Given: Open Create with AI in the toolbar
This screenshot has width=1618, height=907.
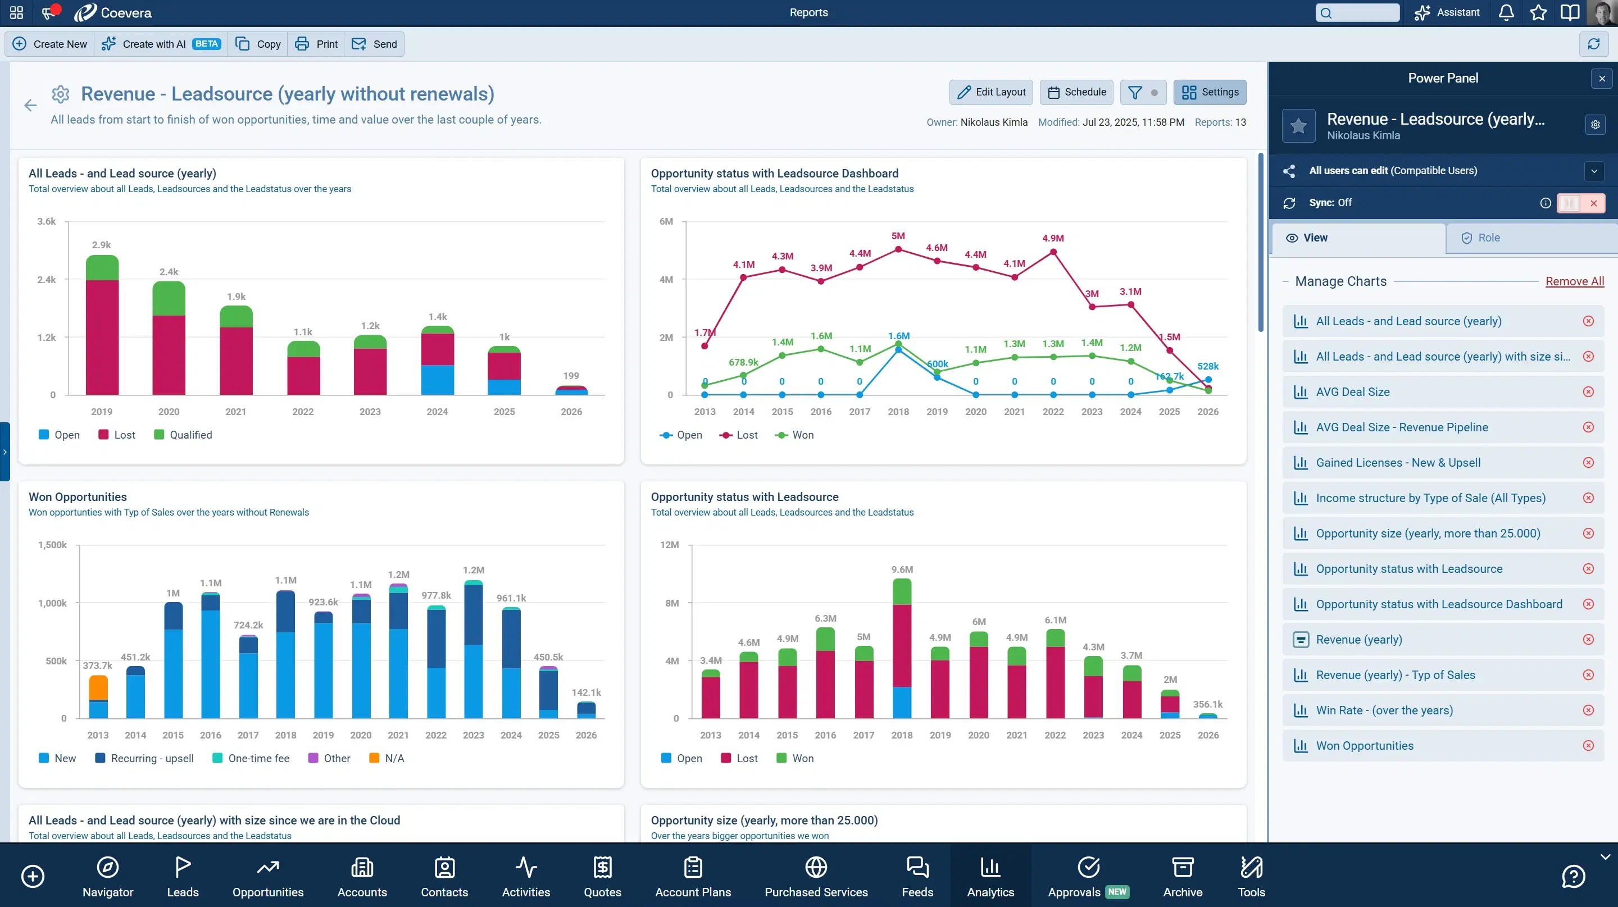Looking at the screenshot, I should [161, 44].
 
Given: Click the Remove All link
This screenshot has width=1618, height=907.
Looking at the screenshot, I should [1574, 281].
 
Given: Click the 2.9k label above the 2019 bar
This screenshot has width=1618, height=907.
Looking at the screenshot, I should [101, 245].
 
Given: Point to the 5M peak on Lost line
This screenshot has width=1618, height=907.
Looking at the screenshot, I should [898, 249].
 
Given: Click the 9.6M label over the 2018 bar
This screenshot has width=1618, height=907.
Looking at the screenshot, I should [902, 569].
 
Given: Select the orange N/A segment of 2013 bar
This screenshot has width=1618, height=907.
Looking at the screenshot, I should [98, 687].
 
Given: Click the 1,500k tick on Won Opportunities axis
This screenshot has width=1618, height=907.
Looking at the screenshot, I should [52, 545].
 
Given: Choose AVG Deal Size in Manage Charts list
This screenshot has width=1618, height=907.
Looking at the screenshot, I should [1352, 391].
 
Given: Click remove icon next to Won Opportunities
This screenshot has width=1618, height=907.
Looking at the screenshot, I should [1588, 746].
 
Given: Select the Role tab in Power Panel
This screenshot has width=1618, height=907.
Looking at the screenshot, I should [1488, 238].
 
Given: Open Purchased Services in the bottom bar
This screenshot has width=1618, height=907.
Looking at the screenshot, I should [815, 876].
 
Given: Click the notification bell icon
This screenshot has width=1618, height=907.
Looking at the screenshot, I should [1506, 12].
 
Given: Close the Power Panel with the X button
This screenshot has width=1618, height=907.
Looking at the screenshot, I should [1602, 79].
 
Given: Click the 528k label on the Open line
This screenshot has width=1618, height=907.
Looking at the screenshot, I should [1207, 366].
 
